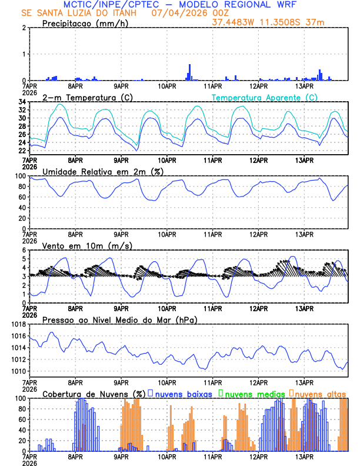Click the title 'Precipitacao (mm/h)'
[x=85, y=24]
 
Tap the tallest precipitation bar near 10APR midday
[x=189, y=72]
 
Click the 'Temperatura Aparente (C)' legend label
[x=264, y=97]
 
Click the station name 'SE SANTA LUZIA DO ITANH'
[x=79, y=13]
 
